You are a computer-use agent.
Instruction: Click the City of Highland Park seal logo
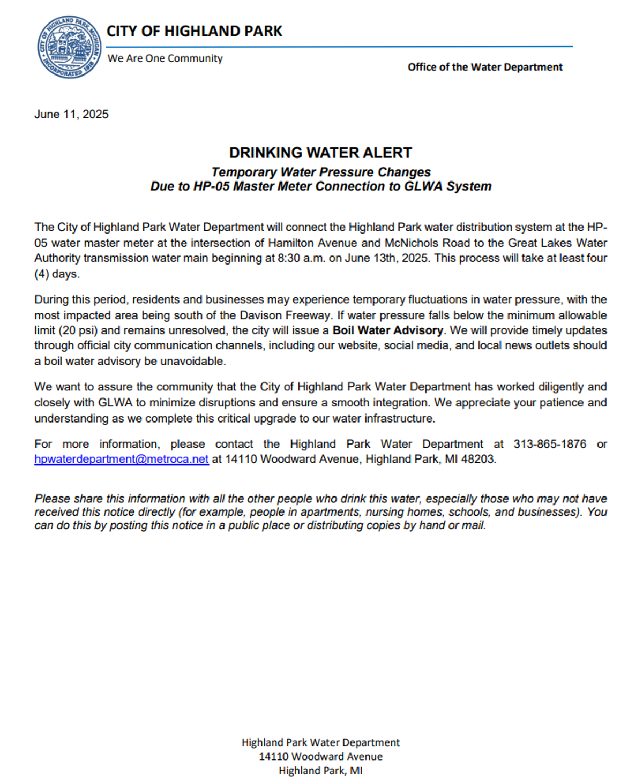coord(69,47)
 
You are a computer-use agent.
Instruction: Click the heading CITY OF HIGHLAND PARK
coord(194,32)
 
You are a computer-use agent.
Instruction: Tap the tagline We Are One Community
coord(165,58)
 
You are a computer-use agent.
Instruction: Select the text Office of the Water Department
coord(485,67)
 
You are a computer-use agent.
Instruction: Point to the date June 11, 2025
coord(71,115)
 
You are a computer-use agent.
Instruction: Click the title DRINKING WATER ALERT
coord(320,153)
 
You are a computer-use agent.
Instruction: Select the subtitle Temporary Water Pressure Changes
coord(320,172)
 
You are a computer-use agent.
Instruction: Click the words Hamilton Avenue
coord(312,243)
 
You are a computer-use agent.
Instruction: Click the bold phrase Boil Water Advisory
coord(387,330)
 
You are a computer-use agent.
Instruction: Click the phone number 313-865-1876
coord(549,445)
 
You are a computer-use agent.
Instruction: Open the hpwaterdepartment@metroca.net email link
coord(122,460)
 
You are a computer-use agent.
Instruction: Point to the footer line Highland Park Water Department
coord(320,742)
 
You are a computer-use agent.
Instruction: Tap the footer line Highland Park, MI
coord(320,771)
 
